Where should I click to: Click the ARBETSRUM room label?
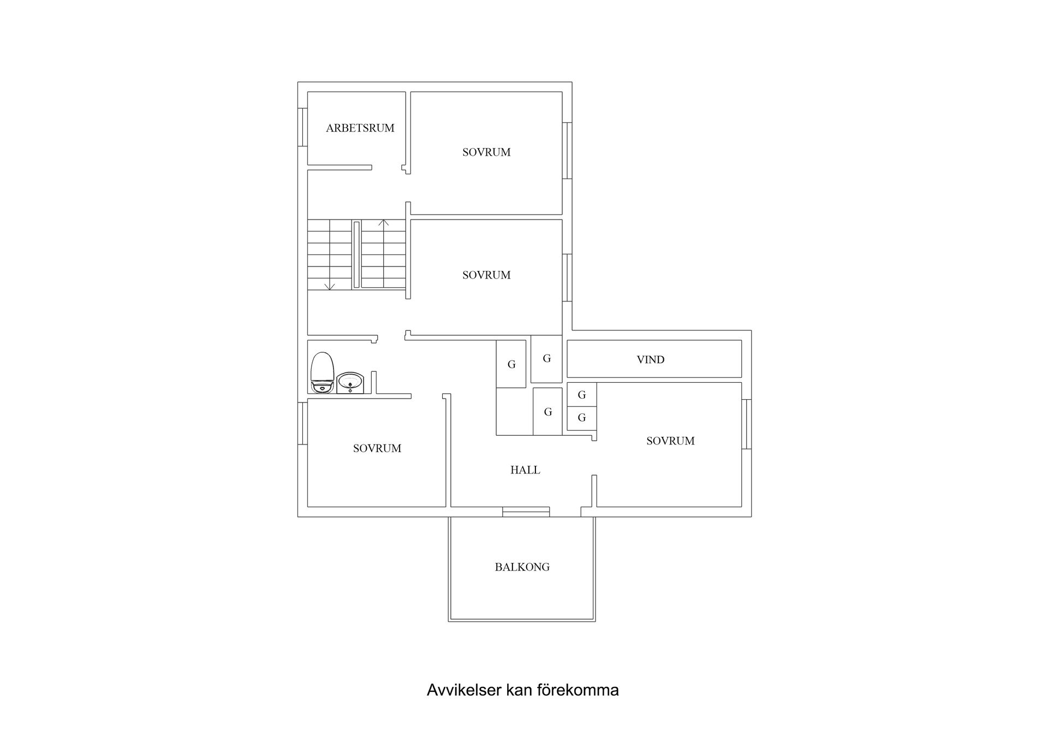(x=360, y=128)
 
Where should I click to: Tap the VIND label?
(x=650, y=360)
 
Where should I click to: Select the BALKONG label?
(x=522, y=567)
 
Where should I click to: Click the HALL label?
(x=525, y=470)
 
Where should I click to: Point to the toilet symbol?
(x=322, y=372)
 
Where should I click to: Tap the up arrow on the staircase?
(x=384, y=223)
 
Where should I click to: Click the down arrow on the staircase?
(x=329, y=286)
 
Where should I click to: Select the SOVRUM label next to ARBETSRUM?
(x=486, y=152)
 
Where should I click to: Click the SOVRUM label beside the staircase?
(x=486, y=275)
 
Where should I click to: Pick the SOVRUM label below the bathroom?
(x=377, y=448)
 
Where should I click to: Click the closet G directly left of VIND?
(x=546, y=359)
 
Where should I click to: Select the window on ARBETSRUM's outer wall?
(x=300, y=127)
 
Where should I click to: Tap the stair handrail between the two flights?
(x=356, y=254)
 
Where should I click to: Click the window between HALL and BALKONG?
(x=526, y=512)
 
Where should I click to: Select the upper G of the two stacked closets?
(x=582, y=395)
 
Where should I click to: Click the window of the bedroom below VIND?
(x=746, y=424)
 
